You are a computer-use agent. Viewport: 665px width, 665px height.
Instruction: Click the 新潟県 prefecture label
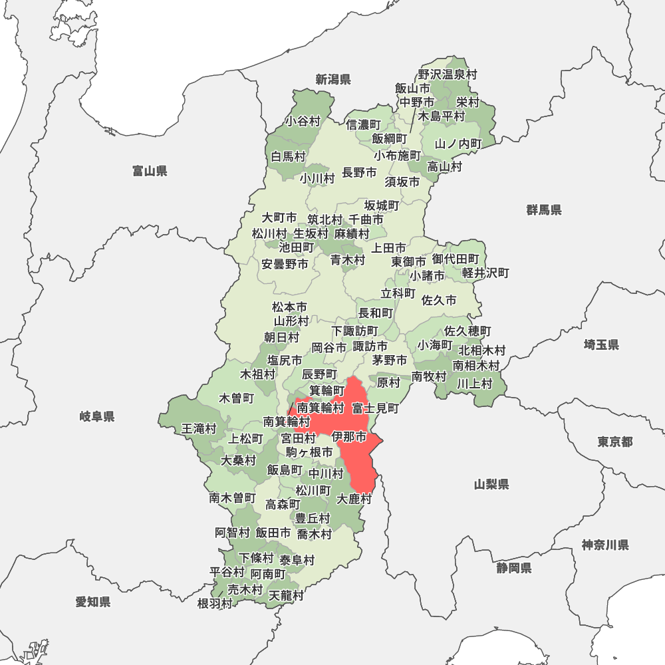333,80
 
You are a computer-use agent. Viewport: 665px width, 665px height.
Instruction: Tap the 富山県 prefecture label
150,172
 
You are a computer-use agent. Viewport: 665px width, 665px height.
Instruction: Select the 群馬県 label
544,210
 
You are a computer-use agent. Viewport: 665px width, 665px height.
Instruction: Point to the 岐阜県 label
97,417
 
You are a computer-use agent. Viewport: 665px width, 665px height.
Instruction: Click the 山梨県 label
491,484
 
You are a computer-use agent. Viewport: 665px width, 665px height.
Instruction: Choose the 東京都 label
614,442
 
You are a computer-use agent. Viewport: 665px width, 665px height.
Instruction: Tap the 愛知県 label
92,602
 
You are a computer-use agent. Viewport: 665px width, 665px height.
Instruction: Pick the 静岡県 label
513,568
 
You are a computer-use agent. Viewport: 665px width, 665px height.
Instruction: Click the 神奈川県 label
605,545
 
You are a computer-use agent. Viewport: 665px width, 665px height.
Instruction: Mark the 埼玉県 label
601,344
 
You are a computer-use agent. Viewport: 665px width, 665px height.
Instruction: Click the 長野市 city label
359,173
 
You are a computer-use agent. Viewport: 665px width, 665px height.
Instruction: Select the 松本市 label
290,307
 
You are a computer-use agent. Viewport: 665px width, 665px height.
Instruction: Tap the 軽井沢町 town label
485,273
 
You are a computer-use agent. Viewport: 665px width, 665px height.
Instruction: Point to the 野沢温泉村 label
448,75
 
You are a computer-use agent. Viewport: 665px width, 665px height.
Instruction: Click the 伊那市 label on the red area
349,437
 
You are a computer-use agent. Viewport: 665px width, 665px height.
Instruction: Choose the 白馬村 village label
288,157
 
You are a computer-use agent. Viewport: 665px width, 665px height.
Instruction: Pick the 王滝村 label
199,429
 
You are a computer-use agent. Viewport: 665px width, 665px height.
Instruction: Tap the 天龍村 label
286,595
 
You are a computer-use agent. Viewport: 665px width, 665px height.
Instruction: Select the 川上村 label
474,383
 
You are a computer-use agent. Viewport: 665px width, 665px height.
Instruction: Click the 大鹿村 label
354,499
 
